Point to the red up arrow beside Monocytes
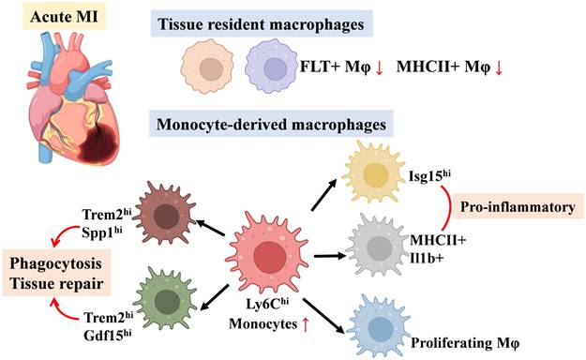click(x=315, y=323)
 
